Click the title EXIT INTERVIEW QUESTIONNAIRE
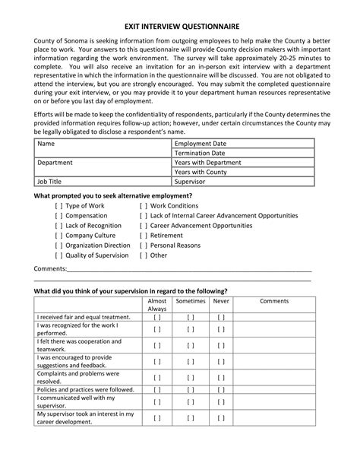click(180, 25)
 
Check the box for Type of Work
click(59, 206)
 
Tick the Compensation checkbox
click(59, 216)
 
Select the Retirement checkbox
click(144, 236)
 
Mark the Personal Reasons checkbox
click(144, 246)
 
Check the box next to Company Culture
click(59, 236)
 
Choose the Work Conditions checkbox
click(144, 206)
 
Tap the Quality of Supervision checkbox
click(59, 255)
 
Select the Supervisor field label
click(190, 182)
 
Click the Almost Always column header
click(157, 305)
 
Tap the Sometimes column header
click(191, 301)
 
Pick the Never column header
click(221, 301)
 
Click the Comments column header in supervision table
click(274, 301)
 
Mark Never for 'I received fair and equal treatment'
click(221, 317)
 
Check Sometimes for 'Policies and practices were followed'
click(191, 389)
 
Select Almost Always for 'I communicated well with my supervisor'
click(157, 401)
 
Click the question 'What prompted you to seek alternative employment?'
click(113, 195)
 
